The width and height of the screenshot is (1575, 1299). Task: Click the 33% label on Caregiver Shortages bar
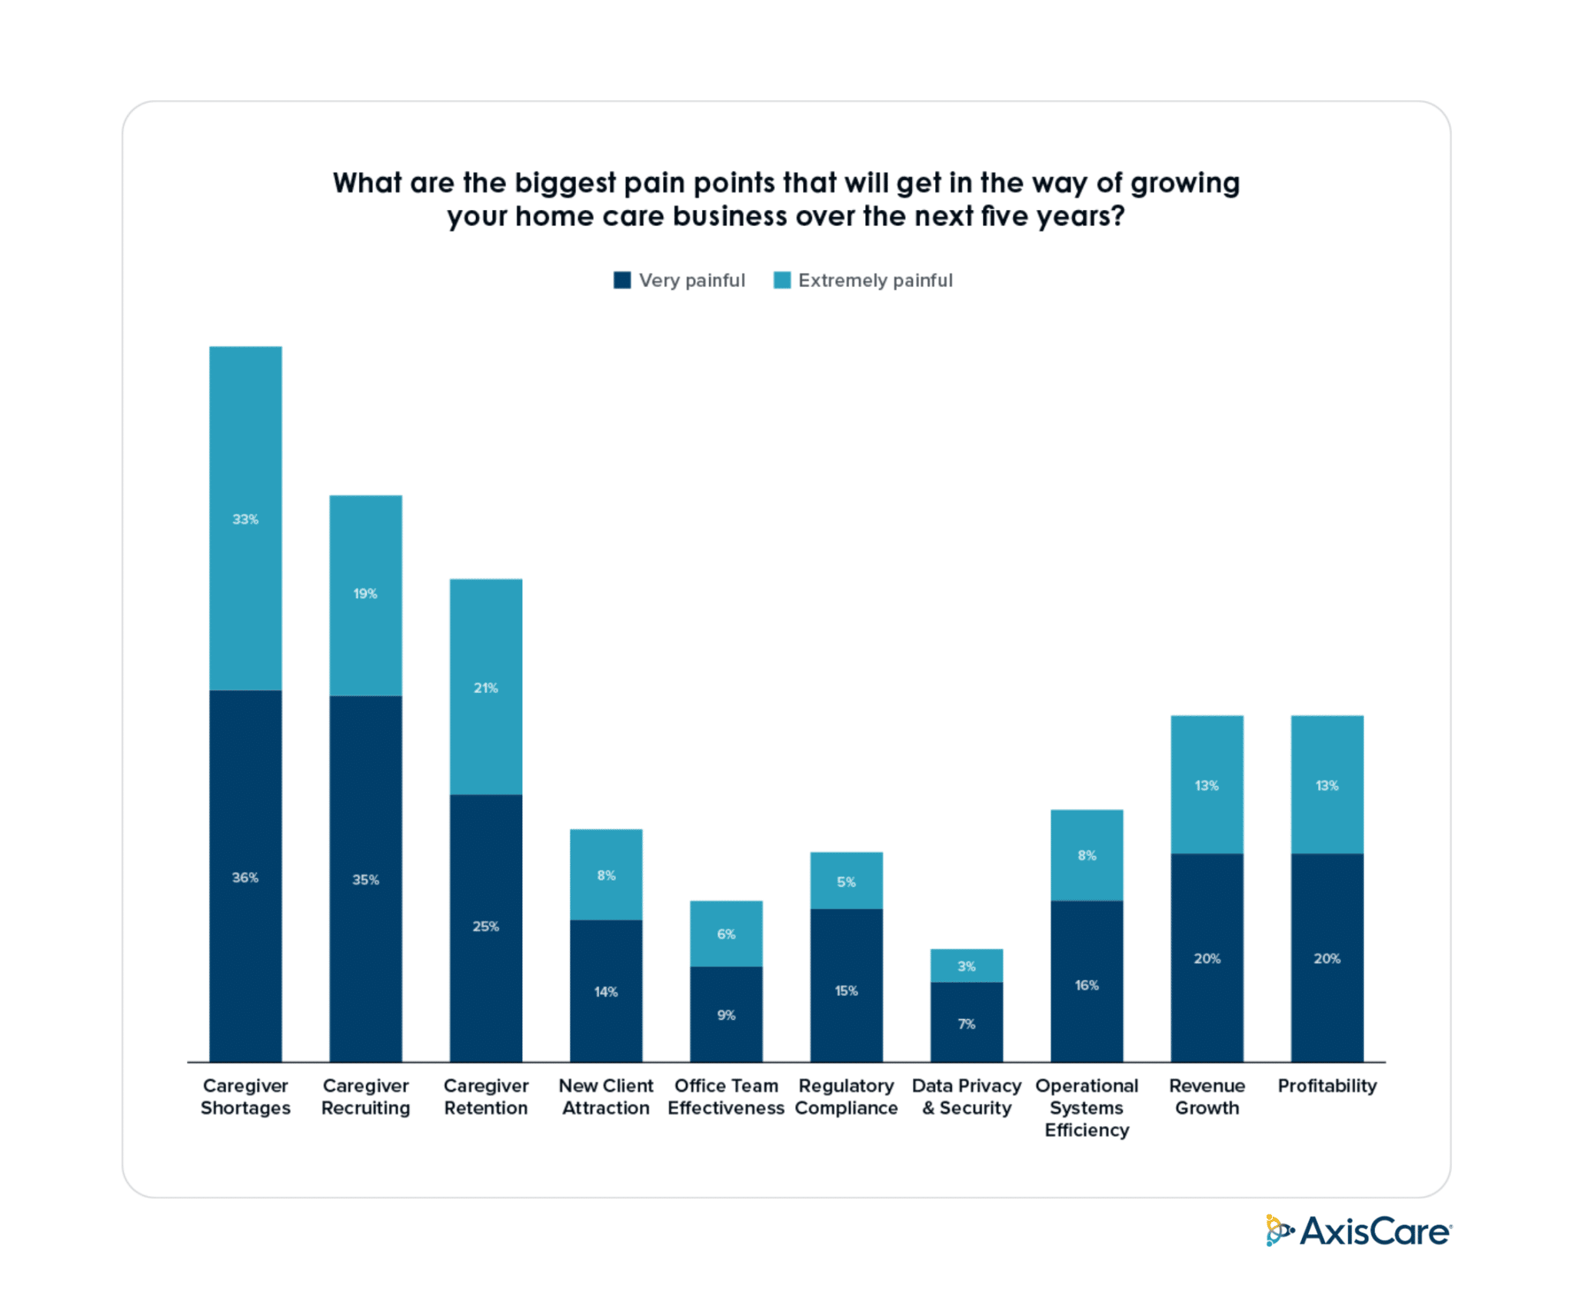pyautogui.click(x=245, y=519)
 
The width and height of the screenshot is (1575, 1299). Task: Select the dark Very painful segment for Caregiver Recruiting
pyautogui.click(x=365, y=878)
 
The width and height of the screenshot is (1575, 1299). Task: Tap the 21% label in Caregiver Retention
pyautogui.click(x=485, y=688)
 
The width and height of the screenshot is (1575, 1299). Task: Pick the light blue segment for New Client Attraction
pyautogui.click(x=606, y=874)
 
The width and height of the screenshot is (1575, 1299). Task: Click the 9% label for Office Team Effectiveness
pyautogui.click(x=726, y=1015)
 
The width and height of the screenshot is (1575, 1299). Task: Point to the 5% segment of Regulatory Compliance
pyautogui.click(x=846, y=881)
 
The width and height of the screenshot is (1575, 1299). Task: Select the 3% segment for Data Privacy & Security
pyautogui.click(x=966, y=965)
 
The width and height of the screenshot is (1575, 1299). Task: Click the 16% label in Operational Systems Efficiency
pyautogui.click(x=1087, y=985)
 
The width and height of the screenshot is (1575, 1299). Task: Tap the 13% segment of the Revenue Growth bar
pyautogui.click(x=1207, y=784)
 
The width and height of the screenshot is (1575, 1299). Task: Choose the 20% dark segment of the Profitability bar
pyautogui.click(x=1327, y=958)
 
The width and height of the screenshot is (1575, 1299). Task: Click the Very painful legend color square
pyautogui.click(x=622, y=280)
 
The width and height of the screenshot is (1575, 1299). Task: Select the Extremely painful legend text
pyautogui.click(x=875, y=281)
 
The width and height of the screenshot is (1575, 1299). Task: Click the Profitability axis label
pyautogui.click(x=1327, y=1085)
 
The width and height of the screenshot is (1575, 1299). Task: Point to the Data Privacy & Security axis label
pyautogui.click(x=966, y=1097)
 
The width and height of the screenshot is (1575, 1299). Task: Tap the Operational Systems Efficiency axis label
pyautogui.click(x=1087, y=1107)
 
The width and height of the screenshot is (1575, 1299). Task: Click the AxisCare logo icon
pyautogui.click(x=1278, y=1231)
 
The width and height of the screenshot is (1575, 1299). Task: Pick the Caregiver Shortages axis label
pyautogui.click(x=245, y=1097)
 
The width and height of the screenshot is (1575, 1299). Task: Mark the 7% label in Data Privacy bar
pyautogui.click(x=966, y=1024)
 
